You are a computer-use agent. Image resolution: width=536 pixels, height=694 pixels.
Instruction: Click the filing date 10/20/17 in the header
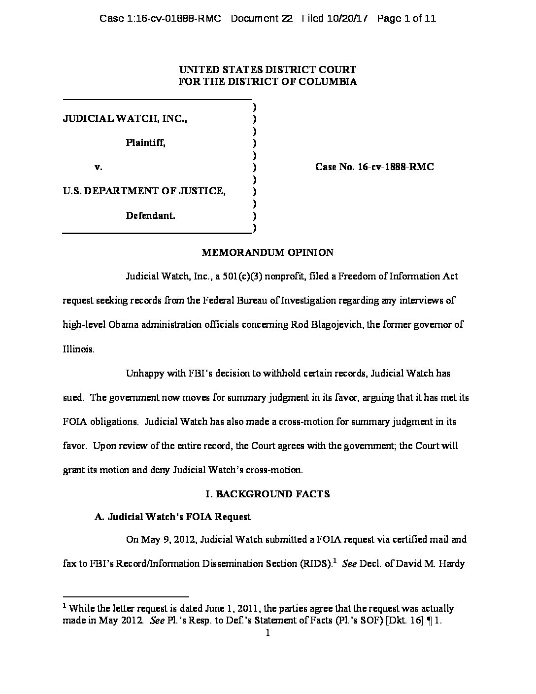coord(348,19)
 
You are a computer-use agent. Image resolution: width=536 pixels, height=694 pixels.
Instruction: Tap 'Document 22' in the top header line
coord(262,19)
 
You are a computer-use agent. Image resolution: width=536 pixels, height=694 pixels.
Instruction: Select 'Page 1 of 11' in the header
coord(406,19)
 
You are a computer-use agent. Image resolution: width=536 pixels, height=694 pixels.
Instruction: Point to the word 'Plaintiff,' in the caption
coord(145,143)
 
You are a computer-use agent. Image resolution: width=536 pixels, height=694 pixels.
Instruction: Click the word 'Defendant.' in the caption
coord(150,215)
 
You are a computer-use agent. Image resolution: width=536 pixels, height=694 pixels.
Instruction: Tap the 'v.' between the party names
coord(99,167)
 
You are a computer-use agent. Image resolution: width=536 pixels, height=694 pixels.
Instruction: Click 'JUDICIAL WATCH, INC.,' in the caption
coord(125,119)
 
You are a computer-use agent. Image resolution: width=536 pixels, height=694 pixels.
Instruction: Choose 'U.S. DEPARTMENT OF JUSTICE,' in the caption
coord(144,191)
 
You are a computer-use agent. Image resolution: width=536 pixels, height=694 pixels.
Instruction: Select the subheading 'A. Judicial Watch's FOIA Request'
coord(172,517)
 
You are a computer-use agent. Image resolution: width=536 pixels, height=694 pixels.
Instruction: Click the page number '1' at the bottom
coord(268,633)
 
